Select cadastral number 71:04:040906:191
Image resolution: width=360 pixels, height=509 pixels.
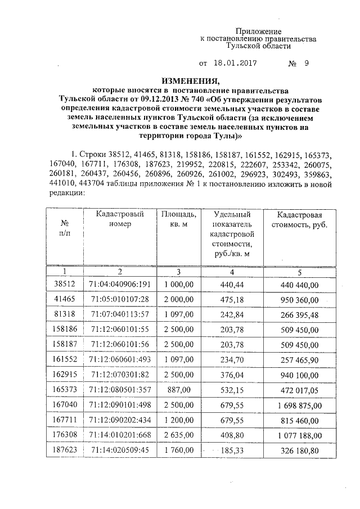tap(120, 285)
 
